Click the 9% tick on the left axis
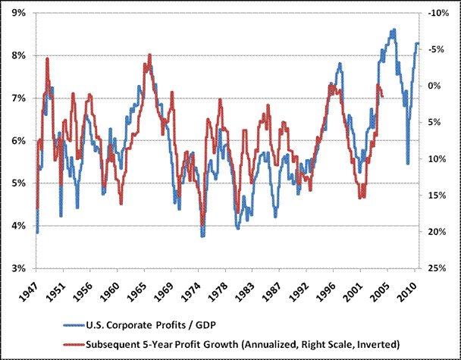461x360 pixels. pos(17,14)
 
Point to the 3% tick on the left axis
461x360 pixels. pos(17,268)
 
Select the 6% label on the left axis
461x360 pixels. pos(17,141)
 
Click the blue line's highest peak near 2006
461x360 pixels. pos(393,30)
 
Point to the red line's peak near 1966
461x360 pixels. pos(149,55)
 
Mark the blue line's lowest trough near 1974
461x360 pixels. pos(202,236)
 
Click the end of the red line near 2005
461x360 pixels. pos(383,96)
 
